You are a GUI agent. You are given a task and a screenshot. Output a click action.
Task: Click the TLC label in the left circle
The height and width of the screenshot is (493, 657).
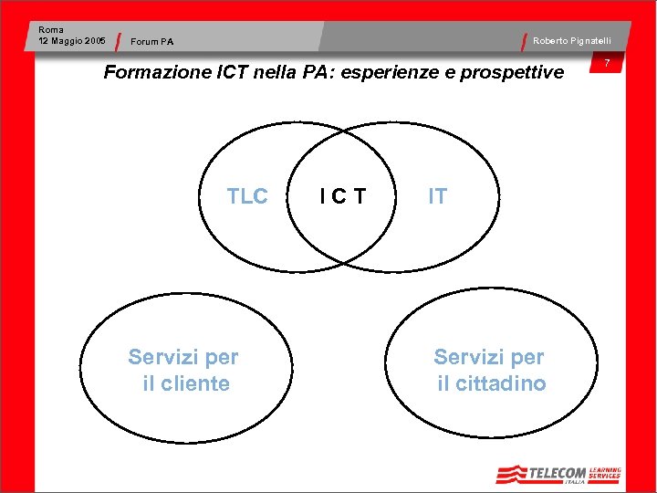pos(247,196)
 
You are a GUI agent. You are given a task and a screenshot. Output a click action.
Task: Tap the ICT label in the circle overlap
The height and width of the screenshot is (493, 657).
pos(342,196)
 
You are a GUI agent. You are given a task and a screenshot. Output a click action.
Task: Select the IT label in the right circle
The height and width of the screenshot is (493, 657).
pos(438,196)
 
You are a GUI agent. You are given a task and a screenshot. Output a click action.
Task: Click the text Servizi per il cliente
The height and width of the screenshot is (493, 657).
pos(184,370)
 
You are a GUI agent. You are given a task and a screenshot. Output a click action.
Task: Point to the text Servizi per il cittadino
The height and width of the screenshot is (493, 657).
pos(490,370)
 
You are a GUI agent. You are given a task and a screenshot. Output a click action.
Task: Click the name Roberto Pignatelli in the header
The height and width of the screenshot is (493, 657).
pos(572,40)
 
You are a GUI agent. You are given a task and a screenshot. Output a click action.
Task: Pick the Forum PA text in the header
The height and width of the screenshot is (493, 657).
pos(152,41)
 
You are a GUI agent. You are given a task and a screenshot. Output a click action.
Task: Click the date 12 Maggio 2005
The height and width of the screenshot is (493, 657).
pos(72,40)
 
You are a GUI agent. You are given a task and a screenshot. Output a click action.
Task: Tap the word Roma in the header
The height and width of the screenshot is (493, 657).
pos(51,30)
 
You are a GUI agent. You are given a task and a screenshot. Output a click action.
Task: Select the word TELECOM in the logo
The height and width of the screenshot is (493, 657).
pos(558,472)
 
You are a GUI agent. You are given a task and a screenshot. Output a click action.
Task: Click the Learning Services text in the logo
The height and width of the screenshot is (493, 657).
pos(604,472)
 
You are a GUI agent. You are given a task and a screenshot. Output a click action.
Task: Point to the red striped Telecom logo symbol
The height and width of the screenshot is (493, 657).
pos(512,474)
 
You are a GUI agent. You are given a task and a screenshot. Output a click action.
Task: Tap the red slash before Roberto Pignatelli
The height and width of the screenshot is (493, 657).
pos(525,41)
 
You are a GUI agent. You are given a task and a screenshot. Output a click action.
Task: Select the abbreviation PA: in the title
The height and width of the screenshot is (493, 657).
pos(316,72)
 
